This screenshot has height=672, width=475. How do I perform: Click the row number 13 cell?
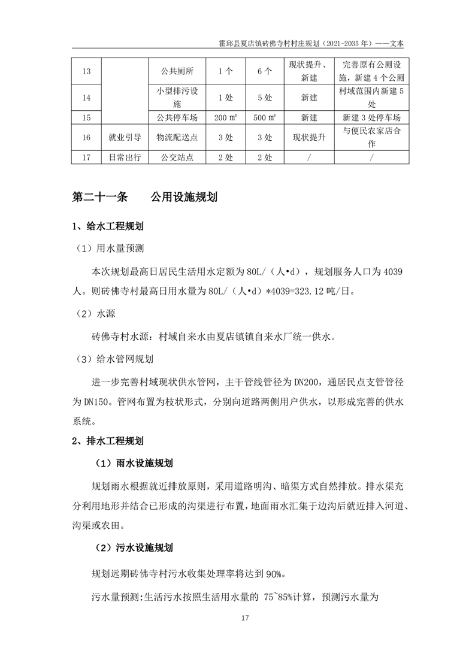pos(86,71)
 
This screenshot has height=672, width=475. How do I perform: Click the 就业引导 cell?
pos(125,137)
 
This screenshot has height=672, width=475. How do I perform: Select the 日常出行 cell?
pos(125,158)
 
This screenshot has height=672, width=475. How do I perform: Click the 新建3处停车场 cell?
pos(371,117)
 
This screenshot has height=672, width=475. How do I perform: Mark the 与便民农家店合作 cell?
pos(371,137)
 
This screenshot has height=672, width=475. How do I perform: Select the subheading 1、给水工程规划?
pos(107,226)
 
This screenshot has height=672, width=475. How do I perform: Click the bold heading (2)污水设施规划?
pos(134,547)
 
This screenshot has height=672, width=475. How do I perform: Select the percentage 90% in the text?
pos(275,573)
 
